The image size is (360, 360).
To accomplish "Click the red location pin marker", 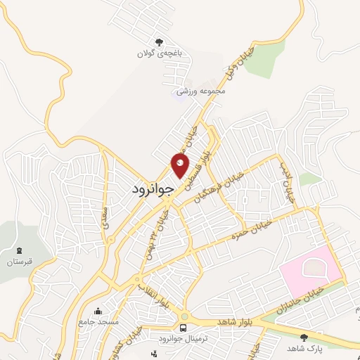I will tap(180, 165).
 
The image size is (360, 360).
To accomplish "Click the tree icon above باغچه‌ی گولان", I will tap(160, 41).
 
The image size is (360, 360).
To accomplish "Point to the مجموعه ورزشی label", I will tap(200, 91).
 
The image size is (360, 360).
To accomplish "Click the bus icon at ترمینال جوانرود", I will tap(184, 328).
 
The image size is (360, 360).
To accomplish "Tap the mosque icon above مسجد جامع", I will tap(97, 311).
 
